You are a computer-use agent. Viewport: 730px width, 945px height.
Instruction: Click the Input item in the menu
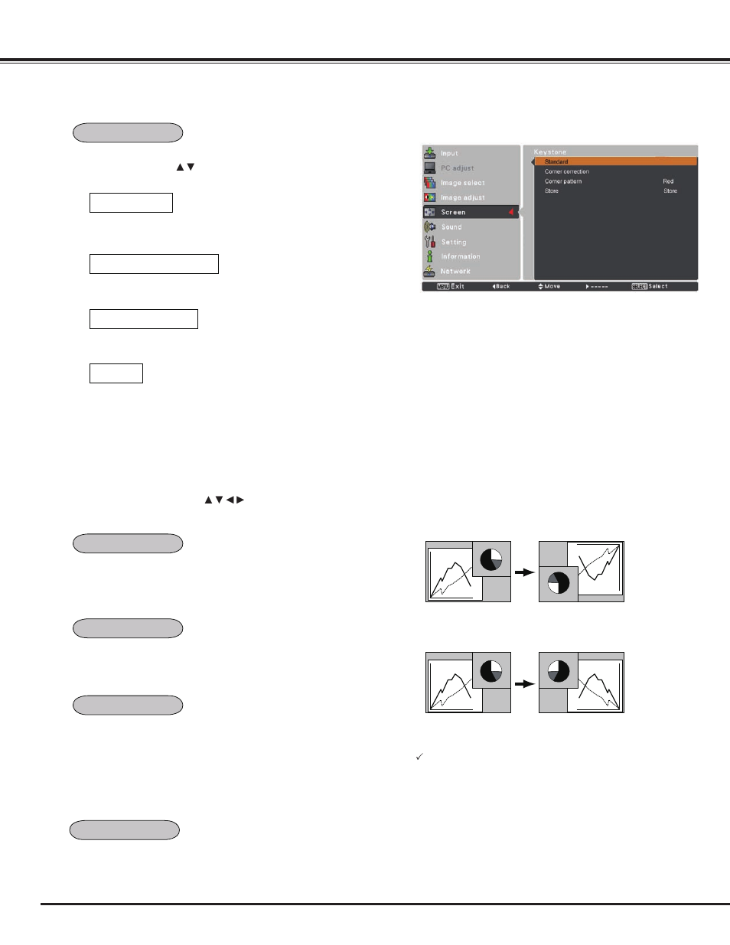449,153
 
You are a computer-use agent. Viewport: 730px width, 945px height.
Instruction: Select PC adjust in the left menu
457,168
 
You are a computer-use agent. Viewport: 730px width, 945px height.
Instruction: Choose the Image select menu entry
462,183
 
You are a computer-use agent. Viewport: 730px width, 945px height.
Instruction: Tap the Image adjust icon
430,197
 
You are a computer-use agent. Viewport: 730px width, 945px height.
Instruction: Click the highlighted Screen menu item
453,212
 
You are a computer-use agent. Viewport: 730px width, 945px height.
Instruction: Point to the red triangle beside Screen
511,212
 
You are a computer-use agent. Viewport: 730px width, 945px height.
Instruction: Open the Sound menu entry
451,227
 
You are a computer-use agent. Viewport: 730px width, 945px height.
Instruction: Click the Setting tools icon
430,242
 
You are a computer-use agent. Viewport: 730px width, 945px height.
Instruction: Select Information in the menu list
460,256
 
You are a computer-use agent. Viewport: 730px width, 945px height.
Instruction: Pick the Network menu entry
455,272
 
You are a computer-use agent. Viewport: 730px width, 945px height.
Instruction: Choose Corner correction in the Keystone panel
567,171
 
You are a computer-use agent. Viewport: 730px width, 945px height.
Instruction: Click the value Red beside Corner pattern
668,181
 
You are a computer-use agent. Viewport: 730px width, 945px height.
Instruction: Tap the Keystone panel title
550,152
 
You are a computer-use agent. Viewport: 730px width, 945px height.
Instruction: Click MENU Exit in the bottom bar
451,286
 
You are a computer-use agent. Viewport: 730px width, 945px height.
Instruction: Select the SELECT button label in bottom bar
640,286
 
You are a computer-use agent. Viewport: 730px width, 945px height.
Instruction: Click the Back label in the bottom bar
501,286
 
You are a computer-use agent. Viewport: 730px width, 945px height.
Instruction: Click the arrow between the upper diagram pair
524,572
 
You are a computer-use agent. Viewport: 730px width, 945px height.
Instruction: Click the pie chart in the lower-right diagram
559,672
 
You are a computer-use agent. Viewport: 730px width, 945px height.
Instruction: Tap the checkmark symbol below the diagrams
419,757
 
